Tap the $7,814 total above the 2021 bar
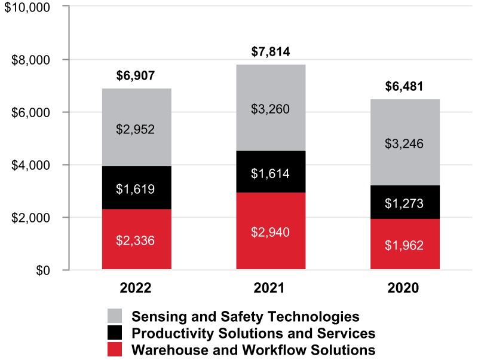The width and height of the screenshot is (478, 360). [x=271, y=52]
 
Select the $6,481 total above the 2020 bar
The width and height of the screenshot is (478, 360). [x=405, y=87]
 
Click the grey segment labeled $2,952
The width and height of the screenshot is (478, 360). [x=137, y=128]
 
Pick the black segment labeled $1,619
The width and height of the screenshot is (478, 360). [x=137, y=188]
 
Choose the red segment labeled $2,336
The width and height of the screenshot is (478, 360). [x=137, y=239]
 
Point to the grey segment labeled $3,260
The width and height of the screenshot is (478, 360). [x=271, y=108]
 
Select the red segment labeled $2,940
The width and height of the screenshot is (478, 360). [x=271, y=231]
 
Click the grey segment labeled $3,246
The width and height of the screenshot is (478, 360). [x=405, y=143]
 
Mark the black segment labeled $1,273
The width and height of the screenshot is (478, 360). [x=405, y=203]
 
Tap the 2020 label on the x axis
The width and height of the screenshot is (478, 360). [x=405, y=288]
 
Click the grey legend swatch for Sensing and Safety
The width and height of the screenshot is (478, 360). [x=115, y=316]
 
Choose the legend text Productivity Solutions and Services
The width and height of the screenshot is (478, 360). [x=253, y=333]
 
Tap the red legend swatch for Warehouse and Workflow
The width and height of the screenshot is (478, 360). [x=115, y=350]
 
